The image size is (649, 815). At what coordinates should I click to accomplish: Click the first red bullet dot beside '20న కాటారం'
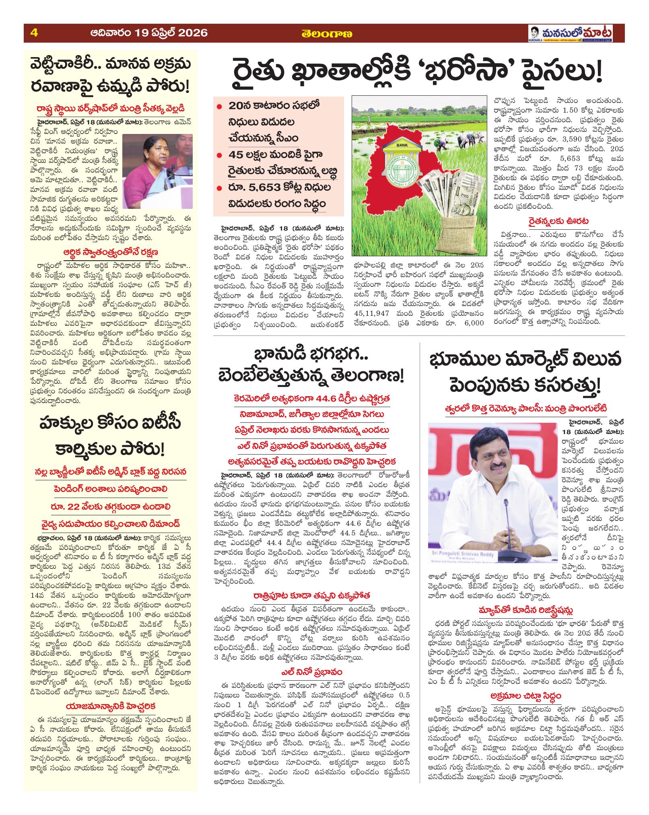pos(219,107)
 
